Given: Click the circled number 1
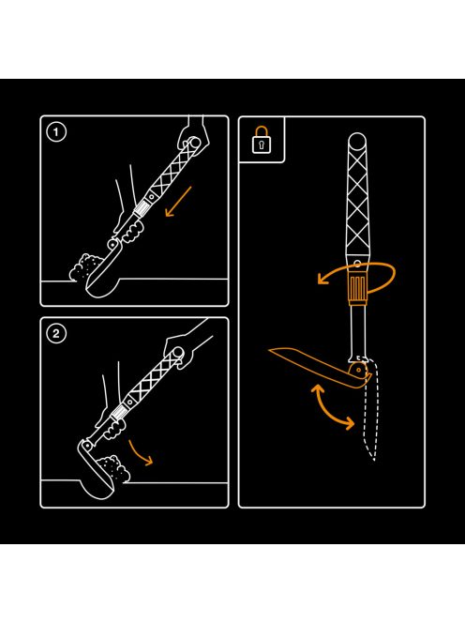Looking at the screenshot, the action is [x=56, y=132].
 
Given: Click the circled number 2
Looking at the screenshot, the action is [x=56, y=334].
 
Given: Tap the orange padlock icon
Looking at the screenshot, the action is [x=262, y=140].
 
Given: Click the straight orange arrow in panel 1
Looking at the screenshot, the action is [x=178, y=202].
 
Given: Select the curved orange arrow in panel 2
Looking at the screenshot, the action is [x=140, y=453].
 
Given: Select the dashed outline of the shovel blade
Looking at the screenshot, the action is [x=370, y=409].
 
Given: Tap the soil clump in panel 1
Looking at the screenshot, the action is [x=85, y=266].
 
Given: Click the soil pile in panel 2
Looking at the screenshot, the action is [x=114, y=469].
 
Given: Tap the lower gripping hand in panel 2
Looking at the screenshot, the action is [x=112, y=425].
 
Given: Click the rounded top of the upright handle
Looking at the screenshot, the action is [x=357, y=141].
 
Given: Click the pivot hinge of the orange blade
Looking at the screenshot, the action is [x=358, y=371].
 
